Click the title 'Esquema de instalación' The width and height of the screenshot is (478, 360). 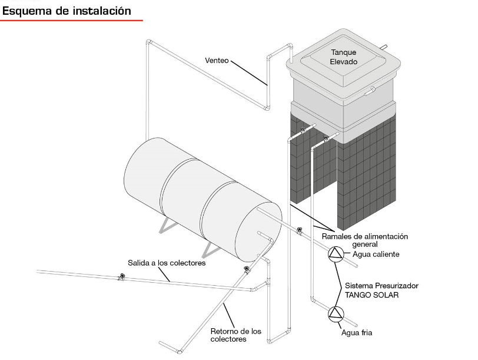(67, 11)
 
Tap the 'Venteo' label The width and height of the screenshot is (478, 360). (217, 60)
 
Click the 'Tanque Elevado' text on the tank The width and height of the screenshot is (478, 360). (344, 57)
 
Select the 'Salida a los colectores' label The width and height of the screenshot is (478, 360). (167, 263)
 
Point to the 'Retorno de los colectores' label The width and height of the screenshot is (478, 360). (235, 335)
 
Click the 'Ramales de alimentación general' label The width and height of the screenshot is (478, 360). (364, 240)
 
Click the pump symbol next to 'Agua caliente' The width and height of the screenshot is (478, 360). (336, 254)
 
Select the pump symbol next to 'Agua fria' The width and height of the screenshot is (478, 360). (336, 313)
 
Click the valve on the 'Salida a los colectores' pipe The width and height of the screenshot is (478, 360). (122, 276)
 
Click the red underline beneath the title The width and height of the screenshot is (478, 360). (71, 20)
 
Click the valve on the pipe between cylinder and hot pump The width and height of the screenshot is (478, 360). (300, 230)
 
